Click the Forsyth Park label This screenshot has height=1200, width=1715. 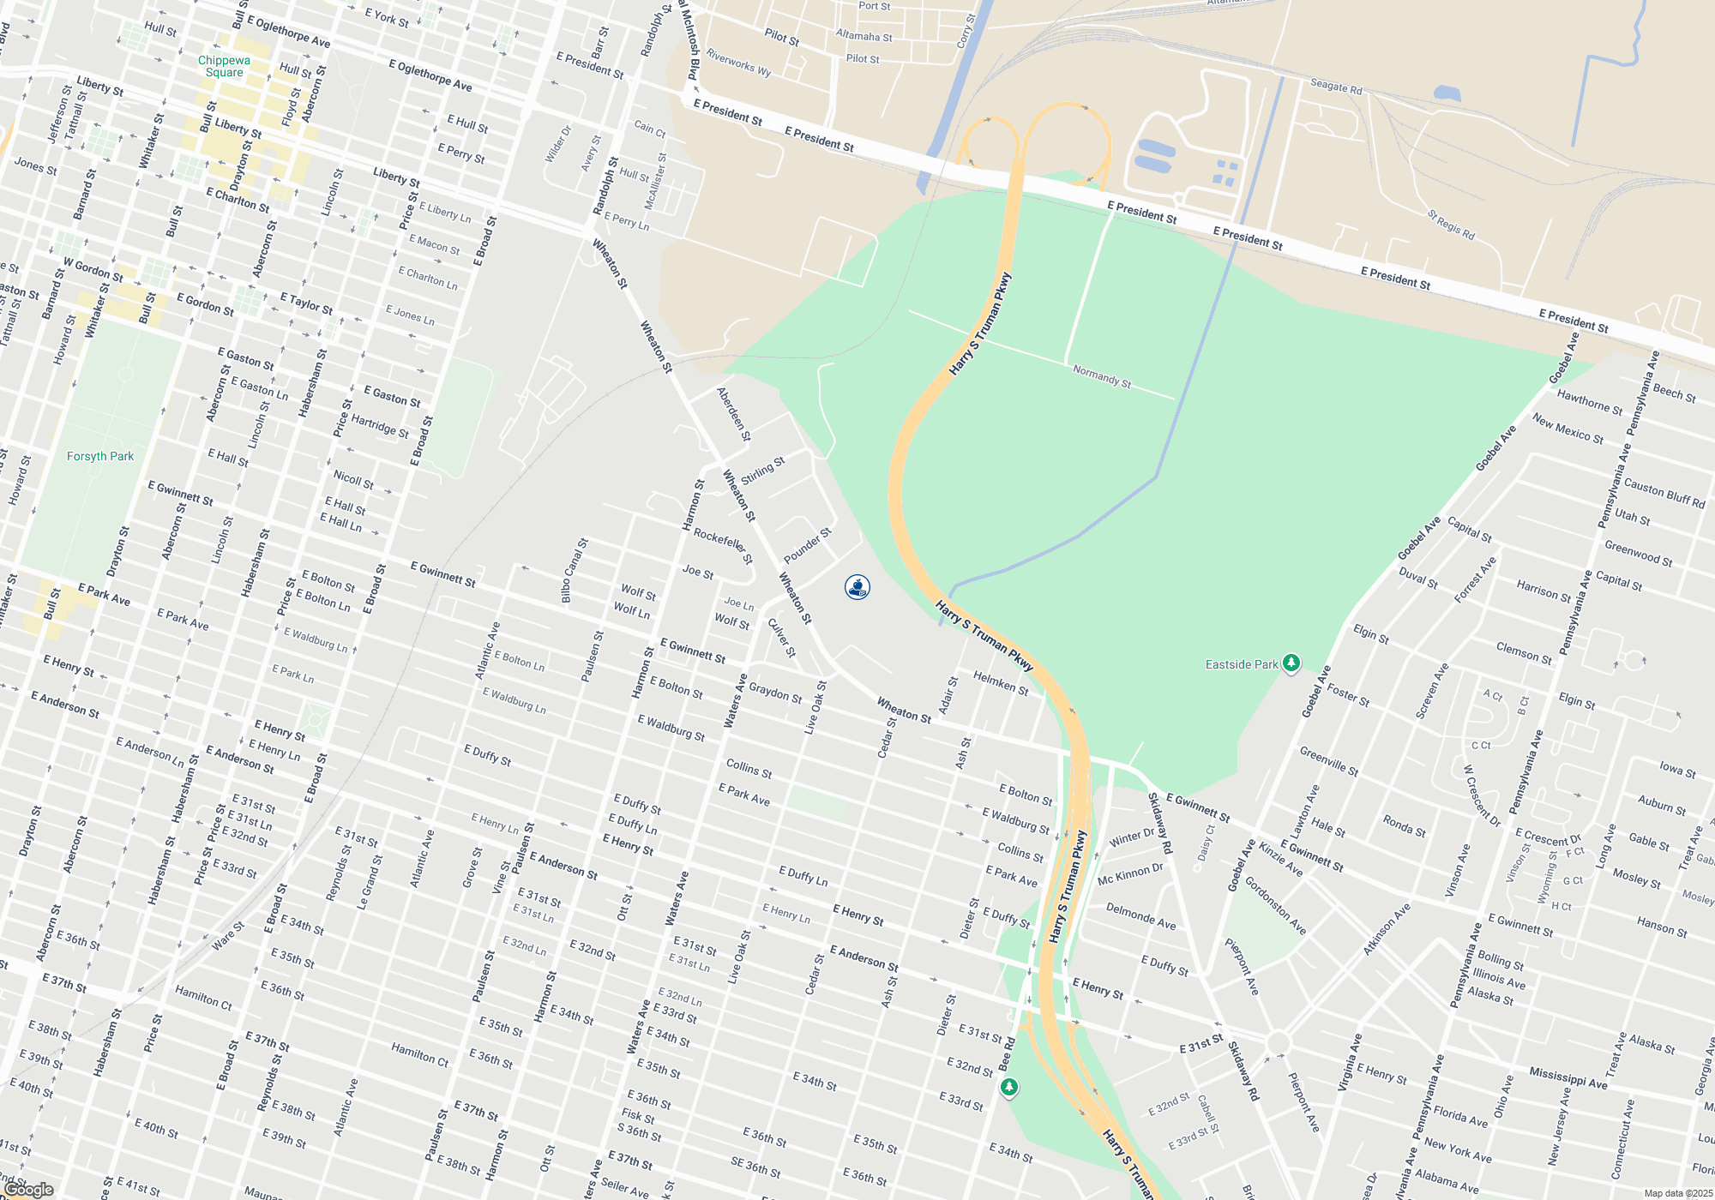pyautogui.click(x=100, y=456)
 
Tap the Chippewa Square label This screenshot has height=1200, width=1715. pyautogui.click(x=224, y=66)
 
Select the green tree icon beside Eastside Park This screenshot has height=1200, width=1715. pyautogui.click(x=1291, y=663)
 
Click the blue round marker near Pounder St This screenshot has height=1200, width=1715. pyautogui.click(x=857, y=587)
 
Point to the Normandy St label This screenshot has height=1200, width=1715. pyautogui.click(x=1102, y=376)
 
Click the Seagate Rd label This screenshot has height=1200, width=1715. pyautogui.click(x=1336, y=86)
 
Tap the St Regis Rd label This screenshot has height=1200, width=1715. pyautogui.click(x=1451, y=225)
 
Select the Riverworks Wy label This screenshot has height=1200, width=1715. pyautogui.click(x=738, y=63)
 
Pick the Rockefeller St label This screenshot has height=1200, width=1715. pyautogui.click(x=723, y=546)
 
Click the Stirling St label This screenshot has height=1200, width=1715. pyautogui.click(x=762, y=471)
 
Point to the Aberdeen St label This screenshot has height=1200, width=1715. pyautogui.click(x=733, y=414)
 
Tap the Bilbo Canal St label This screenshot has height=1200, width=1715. pyautogui.click(x=575, y=570)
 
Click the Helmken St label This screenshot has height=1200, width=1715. pyautogui.click(x=1001, y=683)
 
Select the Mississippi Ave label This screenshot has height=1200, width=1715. pyautogui.click(x=1568, y=1078)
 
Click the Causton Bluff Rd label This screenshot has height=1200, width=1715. pyautogui.click(x=1664, y=493)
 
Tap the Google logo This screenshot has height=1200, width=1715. pyautogui.click(x=29, y=1190)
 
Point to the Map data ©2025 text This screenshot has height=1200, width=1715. pyautogui.click(x=1678, y=1193)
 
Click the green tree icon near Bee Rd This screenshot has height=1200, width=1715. pyautogui.click(x=1009, y=1088)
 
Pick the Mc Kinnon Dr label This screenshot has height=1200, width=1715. pyautogui.click(x=1130, y=874)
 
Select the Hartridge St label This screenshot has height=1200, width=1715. pyautogui.click(x=380, y=426)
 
